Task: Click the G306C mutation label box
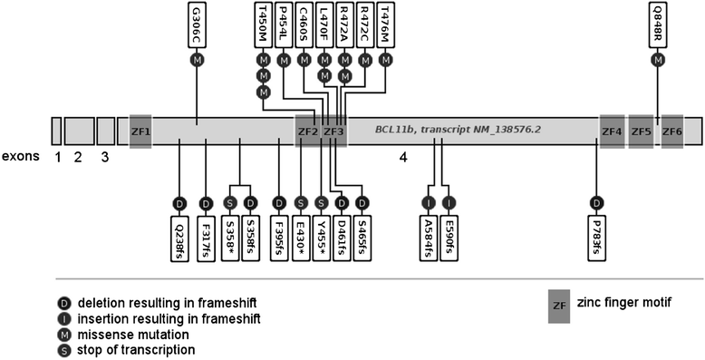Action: [197, 24]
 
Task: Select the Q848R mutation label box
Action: [658, 24]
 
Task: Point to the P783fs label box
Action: [596, 238]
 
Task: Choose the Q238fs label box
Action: [179, 238]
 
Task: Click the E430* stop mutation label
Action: [301, 238]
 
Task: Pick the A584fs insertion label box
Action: [429, 238]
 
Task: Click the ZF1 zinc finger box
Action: [140, 131]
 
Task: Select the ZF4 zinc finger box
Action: [612, 131]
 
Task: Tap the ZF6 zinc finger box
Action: [672, 131]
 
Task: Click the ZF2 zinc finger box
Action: [308, 131]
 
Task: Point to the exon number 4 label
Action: [403, 158]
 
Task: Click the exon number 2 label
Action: [78, 158]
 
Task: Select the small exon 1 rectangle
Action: [56, 131]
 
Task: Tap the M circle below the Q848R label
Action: [658, 60]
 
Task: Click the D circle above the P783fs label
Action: [596, 203]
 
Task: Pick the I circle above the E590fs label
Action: [449, 203]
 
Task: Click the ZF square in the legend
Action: [559, 306]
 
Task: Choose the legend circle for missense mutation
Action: [64, 335]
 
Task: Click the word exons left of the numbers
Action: [20, 157]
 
